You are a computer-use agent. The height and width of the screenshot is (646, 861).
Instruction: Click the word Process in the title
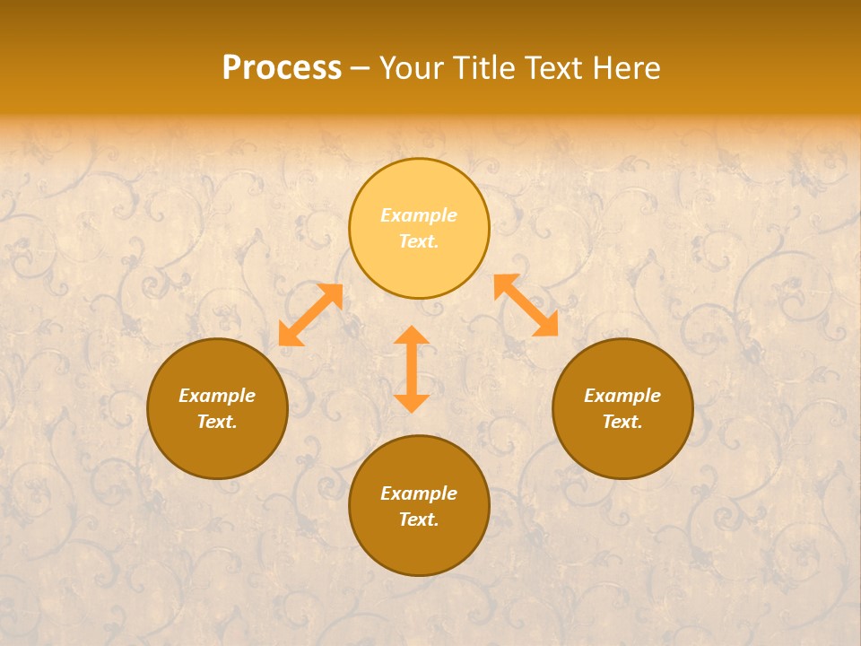(282, 68)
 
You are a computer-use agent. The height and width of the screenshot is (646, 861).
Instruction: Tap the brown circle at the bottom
(419, 547)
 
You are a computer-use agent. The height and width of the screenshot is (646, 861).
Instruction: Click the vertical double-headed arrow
(412, 369)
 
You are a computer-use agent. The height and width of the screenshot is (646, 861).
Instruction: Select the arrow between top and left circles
(310, 315)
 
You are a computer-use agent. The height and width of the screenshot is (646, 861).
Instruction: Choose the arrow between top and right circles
(526, 305)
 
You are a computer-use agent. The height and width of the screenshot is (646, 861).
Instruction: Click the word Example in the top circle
(419, 215)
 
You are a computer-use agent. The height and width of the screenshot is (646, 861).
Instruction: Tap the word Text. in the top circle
(419, 241)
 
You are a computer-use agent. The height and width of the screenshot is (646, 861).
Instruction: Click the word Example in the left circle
(217, 396)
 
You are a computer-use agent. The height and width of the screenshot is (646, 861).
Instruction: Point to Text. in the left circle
(217, 422)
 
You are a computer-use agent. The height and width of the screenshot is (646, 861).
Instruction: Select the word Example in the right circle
(622, 396)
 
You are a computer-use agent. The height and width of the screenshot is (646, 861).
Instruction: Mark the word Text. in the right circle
(622, 422)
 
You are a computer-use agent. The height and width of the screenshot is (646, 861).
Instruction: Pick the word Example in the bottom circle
(419, 493)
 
